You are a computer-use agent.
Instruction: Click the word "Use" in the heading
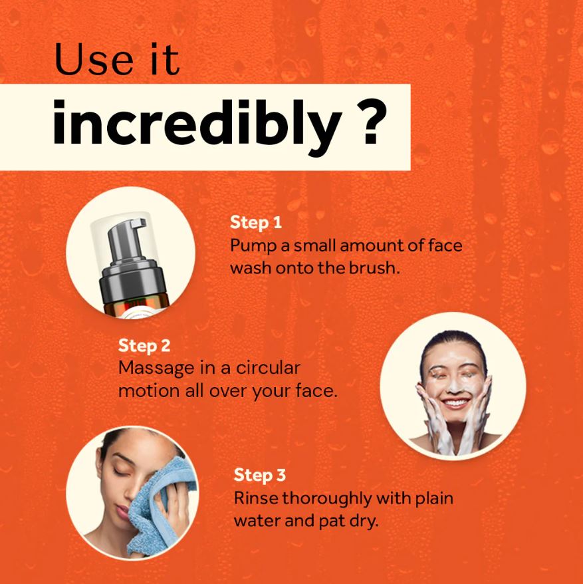pyautogui.click(x=94, y=59)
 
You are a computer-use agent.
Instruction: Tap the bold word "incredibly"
pyautogui.click(x=197, y=123)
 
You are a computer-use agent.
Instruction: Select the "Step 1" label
pyautogui.click(x=256, y=222)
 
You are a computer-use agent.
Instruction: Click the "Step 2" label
pyautogui.click(x=144, y=346)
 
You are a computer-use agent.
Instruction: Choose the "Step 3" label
pyautogui.click(x=260, y=475)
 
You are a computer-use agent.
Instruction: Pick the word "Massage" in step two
pyautogui.click(x=157, y=368)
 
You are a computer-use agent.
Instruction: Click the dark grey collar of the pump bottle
pyautogui.click(x=132, y=279)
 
